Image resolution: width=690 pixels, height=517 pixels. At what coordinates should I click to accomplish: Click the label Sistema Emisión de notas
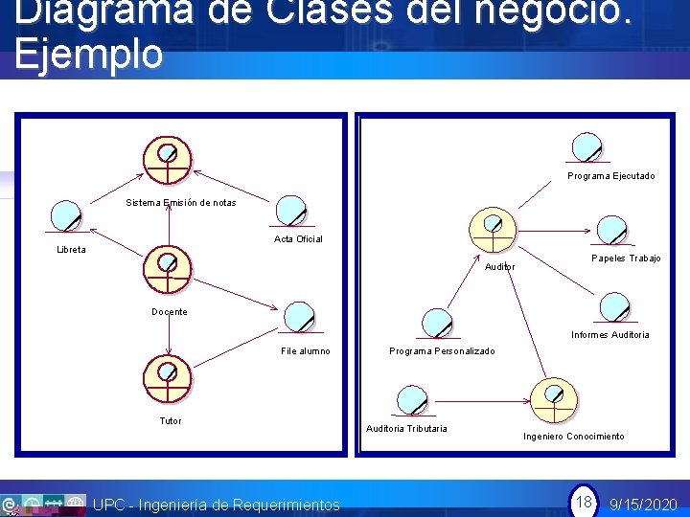coord(181,202)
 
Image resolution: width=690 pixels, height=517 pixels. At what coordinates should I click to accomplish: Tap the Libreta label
coord(71,250)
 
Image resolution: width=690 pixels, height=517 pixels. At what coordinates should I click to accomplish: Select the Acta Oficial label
coord(298,238)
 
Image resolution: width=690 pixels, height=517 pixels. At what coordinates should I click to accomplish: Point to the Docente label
coord(170,311)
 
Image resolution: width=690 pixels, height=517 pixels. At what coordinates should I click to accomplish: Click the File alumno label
coord(305,351)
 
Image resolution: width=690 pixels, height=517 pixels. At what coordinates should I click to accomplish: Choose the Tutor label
coord(170,420)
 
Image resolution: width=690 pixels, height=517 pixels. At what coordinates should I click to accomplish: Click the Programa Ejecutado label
coord(610,176)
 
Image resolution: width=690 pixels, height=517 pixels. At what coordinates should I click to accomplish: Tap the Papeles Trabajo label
coord(626,258)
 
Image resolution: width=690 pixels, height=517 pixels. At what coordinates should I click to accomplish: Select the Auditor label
coord(499,266)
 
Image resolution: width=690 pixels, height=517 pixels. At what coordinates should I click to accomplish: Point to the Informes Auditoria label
coord(609,334)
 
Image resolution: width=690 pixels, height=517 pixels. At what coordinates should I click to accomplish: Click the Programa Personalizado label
coord(442,351)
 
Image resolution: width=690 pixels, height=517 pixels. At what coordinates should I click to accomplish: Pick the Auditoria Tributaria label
coord(406,428)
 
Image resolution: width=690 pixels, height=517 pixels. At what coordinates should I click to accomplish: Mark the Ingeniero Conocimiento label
coord(573,437)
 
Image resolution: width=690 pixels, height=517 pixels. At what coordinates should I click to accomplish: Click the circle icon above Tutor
coord(168,377)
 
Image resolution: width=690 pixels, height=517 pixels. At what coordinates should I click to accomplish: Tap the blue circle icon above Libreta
coord(66,216)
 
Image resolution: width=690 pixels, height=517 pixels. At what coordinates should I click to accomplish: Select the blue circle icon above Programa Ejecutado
coord(585,147)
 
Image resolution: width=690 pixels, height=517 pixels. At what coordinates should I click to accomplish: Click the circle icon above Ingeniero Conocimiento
coord(554,398)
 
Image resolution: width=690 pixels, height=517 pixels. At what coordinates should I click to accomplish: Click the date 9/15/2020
coord(643,505)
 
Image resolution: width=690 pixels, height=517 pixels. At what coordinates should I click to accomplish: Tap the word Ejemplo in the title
coord(88,55)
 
